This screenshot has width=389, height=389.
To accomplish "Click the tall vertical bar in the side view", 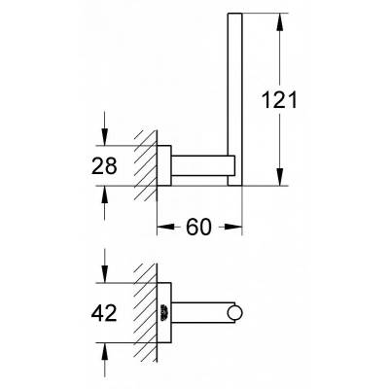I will tap(234, 97).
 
